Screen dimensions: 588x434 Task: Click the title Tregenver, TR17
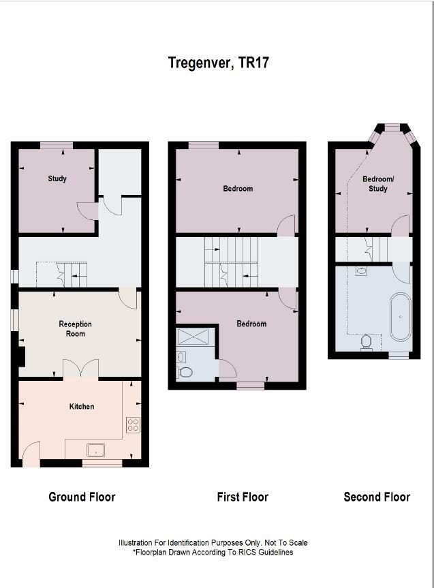point(219,63)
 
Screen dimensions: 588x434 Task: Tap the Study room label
point(57,179)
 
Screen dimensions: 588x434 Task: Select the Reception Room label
point(75,328)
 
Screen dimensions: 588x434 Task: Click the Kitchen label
point(82,407)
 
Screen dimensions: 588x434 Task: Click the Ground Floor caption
point(82,497)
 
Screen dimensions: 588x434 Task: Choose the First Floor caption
point(243,497)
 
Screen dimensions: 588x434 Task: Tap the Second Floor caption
point(377,497)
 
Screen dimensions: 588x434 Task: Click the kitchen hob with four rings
point(133,425)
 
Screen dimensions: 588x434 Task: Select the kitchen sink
point(95,449)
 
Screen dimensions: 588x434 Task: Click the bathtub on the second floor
point(401,317)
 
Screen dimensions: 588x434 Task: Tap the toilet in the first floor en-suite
point(184,372)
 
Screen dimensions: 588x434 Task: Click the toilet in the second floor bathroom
point(367,341)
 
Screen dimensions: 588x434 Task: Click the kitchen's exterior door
point(31,454)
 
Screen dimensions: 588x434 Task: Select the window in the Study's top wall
point(56,144)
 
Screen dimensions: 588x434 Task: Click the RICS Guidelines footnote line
point(213,552)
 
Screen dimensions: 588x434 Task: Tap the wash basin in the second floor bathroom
point(361,271)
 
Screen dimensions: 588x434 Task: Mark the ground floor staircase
point(71,274)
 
